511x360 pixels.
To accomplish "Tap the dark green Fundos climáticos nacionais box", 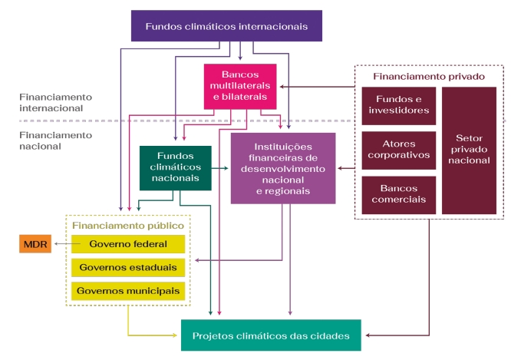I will coord(175,167).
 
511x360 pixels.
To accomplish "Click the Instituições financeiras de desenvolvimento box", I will coord(282,167).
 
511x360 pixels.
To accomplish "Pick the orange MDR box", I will coord(35,244).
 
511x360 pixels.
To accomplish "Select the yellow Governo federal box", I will coord(127,244).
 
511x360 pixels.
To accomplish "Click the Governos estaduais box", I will coord(127,268).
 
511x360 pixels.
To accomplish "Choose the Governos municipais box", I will coord(127,292).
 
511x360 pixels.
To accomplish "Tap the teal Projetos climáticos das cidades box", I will coord(271,335).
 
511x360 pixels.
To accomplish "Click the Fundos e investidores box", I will coord(399,105).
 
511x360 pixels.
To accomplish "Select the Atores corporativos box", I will coord(399,150).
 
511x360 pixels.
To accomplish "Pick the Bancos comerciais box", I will coord(399,195).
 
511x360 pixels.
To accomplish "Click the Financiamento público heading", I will coord(127,226).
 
